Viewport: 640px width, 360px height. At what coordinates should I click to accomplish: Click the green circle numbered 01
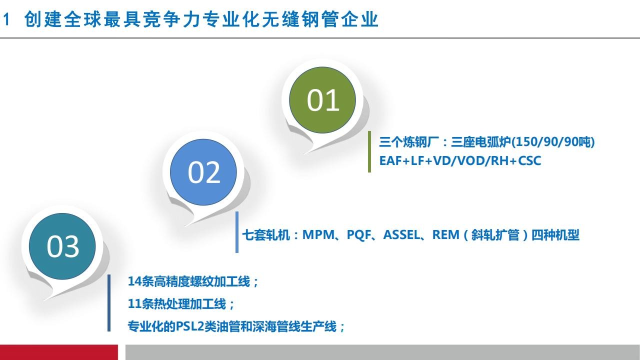pyautogui.click(x=322, y=100)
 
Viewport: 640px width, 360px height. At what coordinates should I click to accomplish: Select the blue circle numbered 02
pyautogui.click(x=203, y=172)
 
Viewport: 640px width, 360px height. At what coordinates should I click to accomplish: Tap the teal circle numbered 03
pyautogui.click(x=62, y=246)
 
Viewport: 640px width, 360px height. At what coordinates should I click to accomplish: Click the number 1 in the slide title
pyautogui.click(x=6, y=19)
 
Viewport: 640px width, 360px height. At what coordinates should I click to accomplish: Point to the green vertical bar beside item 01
pyautogui.click(x=369, y=151)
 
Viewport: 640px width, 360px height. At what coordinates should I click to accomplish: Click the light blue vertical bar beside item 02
pyautogui.click(x=237, y=232)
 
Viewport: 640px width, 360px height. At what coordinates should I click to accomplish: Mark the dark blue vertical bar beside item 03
pyautogui.click(x=109, y=303)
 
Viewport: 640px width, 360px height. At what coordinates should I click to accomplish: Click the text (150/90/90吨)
pyautogui.click(x=552, y=141)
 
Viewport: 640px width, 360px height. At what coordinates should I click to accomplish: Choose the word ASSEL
pyautogui.click(x=401, y=235)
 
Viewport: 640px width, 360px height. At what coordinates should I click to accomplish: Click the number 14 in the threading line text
pyautogui.click(x=134, y=281)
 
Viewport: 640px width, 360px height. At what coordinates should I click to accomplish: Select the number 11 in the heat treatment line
pyautogui.click(x=134, y=303)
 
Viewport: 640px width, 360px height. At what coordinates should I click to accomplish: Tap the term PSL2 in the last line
pyautogui.click(x=190, y=326)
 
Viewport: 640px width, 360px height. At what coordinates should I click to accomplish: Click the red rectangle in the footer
pyautogui.click(x=59, y=352)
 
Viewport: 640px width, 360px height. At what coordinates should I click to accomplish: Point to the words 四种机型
pyautogui.click(x=555, y=235)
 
